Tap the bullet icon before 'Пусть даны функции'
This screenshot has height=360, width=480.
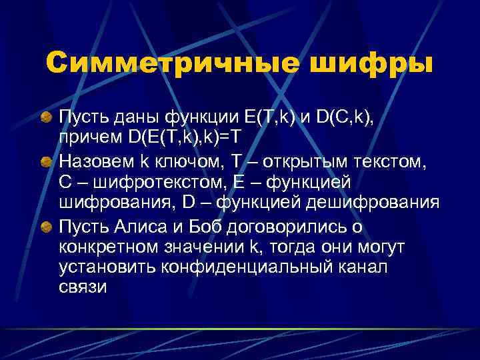[x=46, y=118]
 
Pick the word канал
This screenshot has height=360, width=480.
[x=364, y=269]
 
